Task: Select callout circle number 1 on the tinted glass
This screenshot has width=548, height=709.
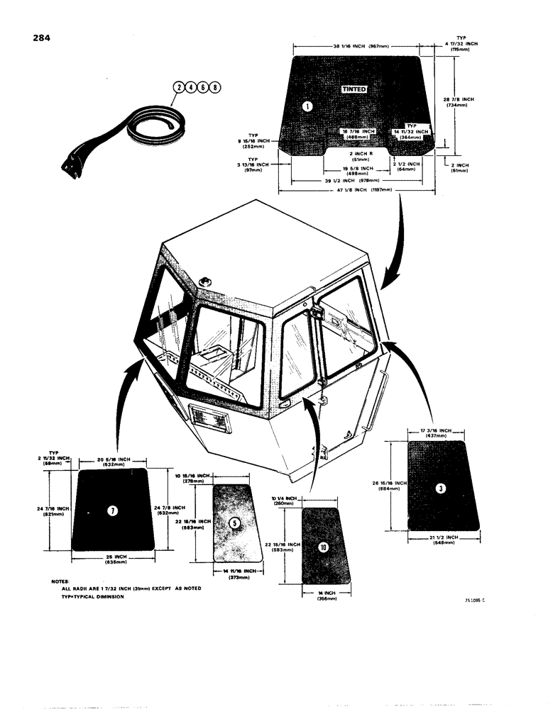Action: [x=307, y=106]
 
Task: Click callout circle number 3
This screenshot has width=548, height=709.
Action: [x=439, y=488]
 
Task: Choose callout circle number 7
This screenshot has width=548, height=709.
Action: [x=111, y=512]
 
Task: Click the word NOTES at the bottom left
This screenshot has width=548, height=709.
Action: [x=60, y=581]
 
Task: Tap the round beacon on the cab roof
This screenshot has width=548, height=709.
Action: [x=207, y=281]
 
